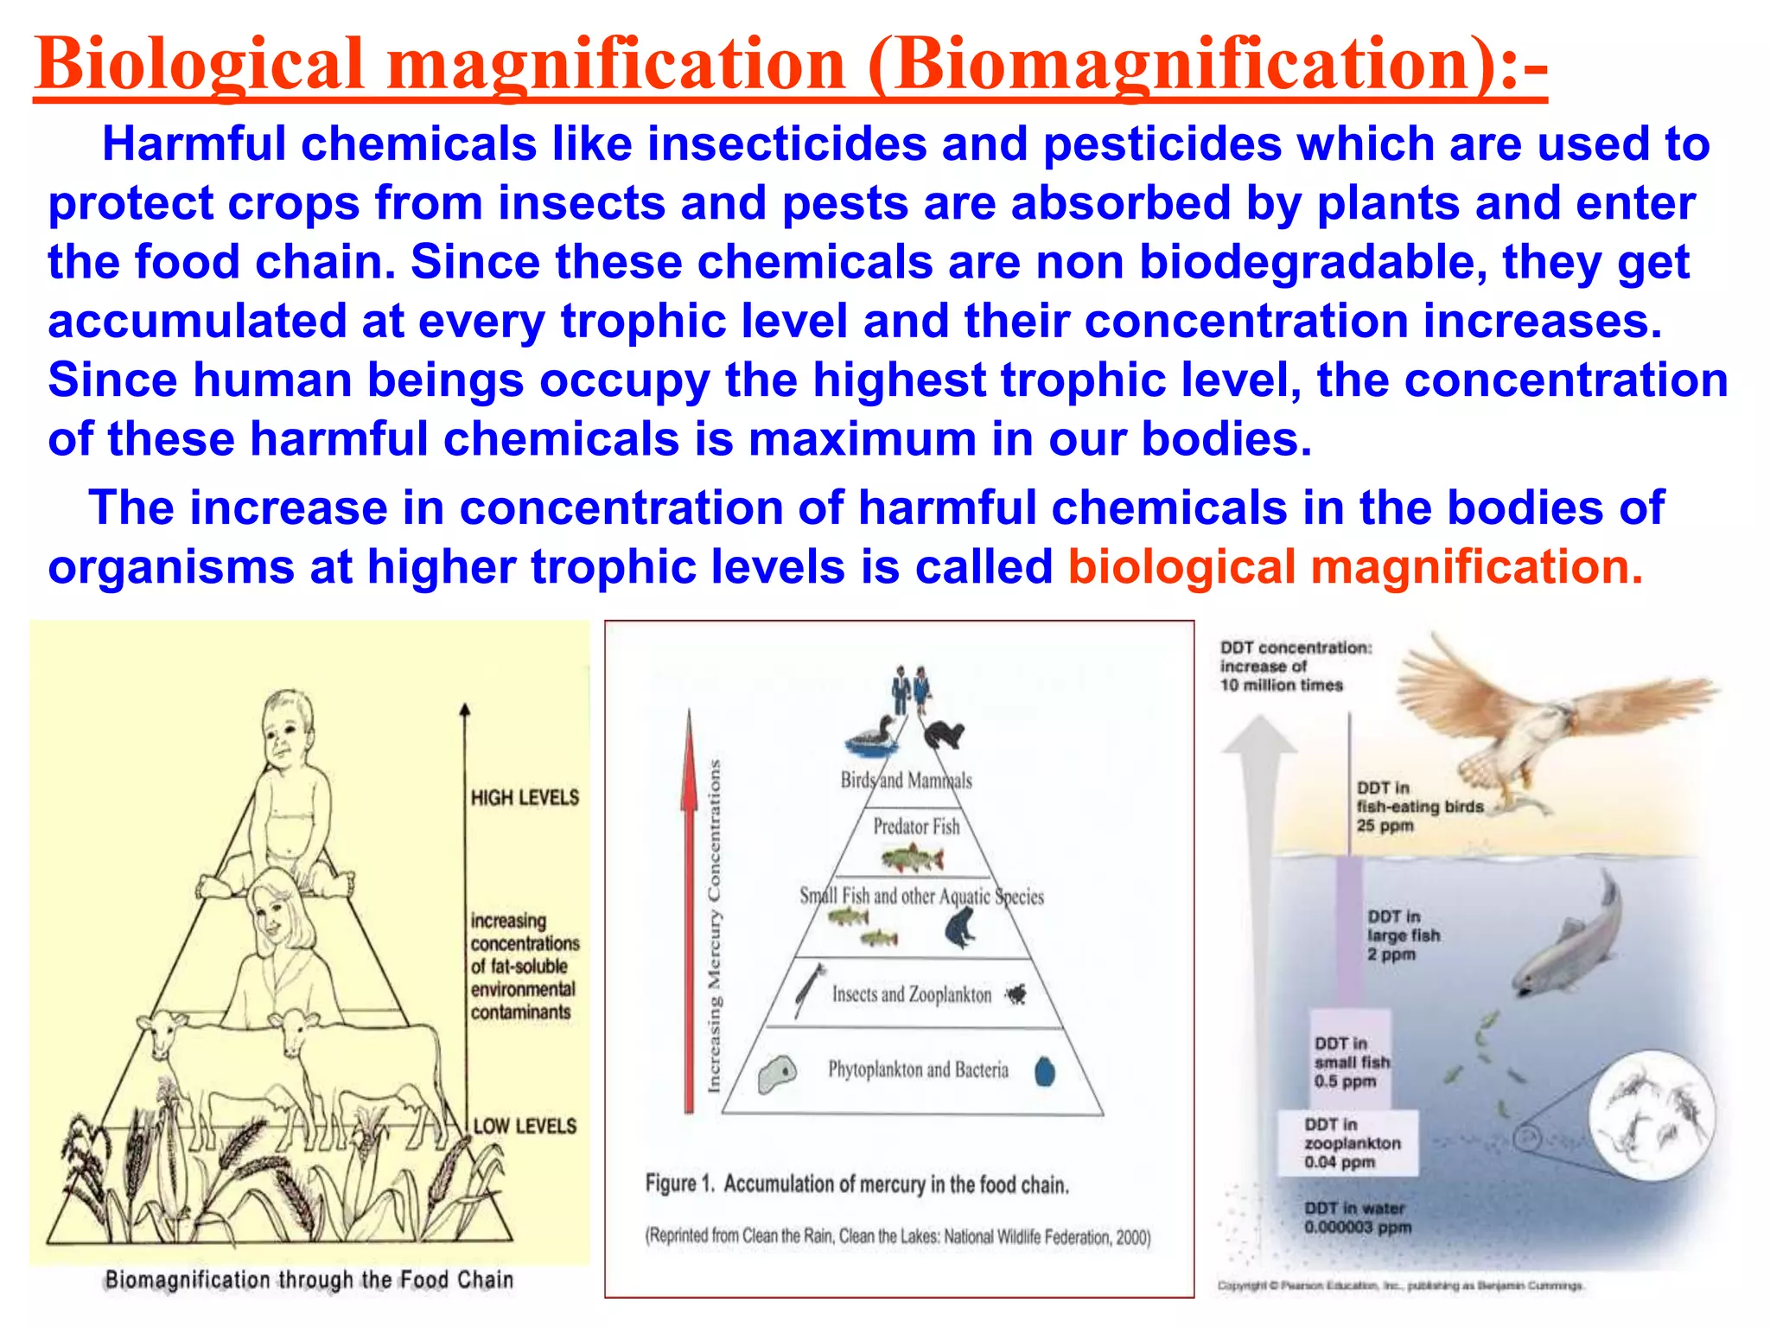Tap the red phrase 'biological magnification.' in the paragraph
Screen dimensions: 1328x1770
pyautogui.click(x=1354, y=567)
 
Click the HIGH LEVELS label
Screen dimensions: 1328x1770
pyautogui.click(x=525, y=797)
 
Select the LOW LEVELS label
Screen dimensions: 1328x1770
pyautogui.click(x=525, y=1126)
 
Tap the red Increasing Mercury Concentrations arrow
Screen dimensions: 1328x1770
pyautogui.click(x=689, y=908)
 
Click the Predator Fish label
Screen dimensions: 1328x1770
pyautogui.click(x=916, y=827)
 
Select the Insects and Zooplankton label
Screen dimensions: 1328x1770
pyautogui.click(x=912, y=994)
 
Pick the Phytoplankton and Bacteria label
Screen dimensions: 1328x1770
pyautogui.click(x=918, y=1069)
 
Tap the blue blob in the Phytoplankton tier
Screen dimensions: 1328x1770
pyautogui.click(x=1045, y=1071)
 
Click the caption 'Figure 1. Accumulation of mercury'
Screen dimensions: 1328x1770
pyautogui.click(x=856, y=1184)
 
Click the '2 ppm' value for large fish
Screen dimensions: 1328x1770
pyautogui.click(x=1391, y=954)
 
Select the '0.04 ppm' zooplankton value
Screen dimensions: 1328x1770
pyautogui.click(x=1340, y=1162)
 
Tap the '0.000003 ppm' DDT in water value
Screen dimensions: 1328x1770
pyautogui.click(x=1358, y=1227)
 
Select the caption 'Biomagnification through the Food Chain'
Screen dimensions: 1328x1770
pyautogui.click(x=309, y=1280)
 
